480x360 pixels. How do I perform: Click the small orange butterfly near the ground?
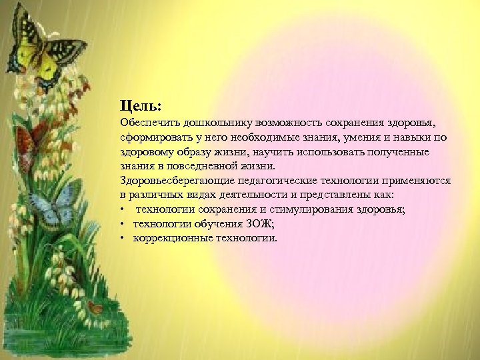(x=96, y=308)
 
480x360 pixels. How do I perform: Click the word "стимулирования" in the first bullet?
(x=323, y=209)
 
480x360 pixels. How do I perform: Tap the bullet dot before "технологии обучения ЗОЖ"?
(x=123, y=223)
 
